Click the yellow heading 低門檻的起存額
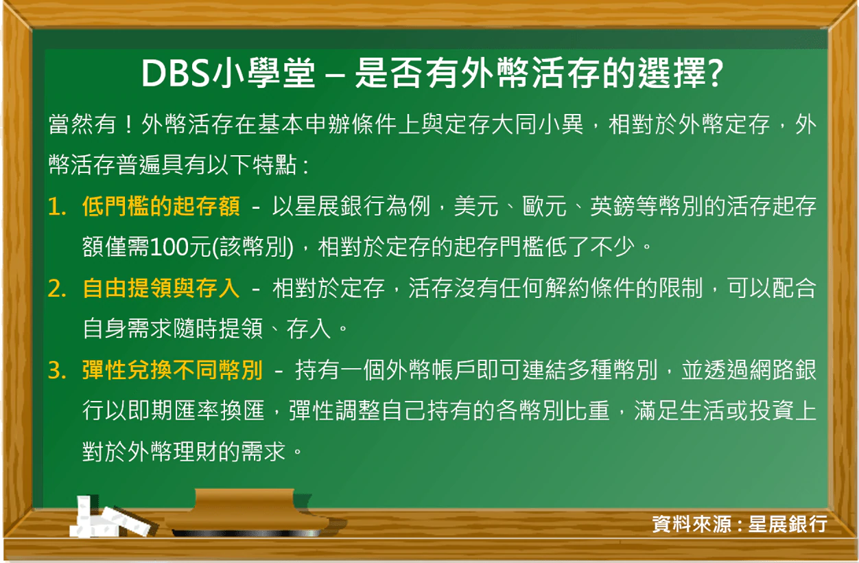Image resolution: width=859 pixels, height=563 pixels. [x=161, y=207]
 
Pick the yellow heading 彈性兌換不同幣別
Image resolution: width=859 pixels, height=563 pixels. [x=172, y=371]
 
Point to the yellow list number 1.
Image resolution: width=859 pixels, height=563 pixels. [x=57, y=207]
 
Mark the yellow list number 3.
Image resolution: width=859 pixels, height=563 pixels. [x=57, y=371]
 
